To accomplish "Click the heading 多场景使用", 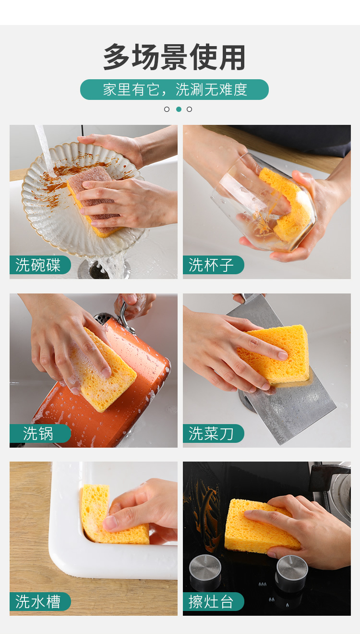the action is [x=174, y=57].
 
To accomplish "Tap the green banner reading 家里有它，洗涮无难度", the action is [x=174, y=89].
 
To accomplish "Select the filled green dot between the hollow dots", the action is [x=179, y=109].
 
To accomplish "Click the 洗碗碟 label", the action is [x=40, y=265].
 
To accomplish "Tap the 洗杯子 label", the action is [x=213, y=265].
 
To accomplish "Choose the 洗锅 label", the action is [x=40, y=433].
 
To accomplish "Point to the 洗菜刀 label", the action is [x=213, y=433].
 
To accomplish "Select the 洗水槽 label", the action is [x=40, y=601].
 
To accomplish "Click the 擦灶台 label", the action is [x=213, y=601].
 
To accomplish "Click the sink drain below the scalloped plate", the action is [x=97, y=270].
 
